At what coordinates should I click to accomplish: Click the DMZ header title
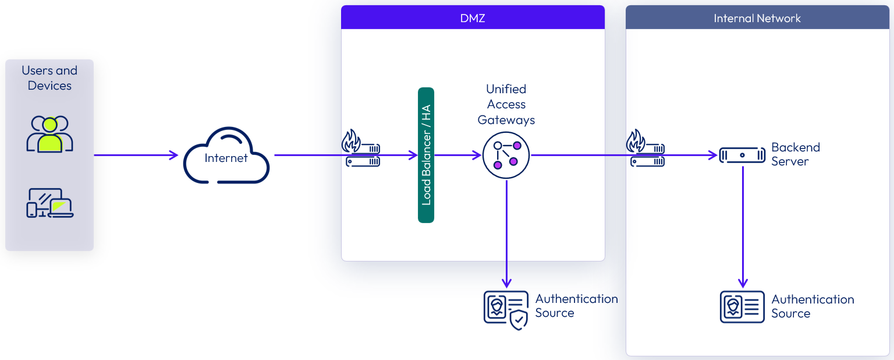click(x=472, y=18)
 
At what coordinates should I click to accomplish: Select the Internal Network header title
click(x=757, y=18)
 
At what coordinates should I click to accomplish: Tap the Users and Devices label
click(x=49, y=78)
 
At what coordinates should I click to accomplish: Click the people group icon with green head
click(x=49, y=134)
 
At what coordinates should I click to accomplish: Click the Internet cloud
click(x=226, y=156)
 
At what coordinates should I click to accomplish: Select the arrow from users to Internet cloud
click(x=136, y=155)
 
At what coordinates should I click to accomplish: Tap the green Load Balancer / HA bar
click(x=426, y=155)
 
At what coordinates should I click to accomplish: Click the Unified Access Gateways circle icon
click(x=506, y=156)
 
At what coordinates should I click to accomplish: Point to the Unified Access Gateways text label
click(x=506, y=105)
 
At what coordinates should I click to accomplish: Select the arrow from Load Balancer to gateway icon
click(x=458, y=155)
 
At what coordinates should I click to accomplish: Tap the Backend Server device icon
click(x=742, y=155)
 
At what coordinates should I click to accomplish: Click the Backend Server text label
click(x=795, y=154)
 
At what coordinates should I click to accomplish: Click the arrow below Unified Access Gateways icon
click(x=506, y=233)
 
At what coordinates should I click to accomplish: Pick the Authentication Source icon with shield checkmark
click(x=506, y=309)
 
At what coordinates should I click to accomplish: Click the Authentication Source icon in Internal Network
click(x=742, y=306)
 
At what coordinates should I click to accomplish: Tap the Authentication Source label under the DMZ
click(x=576, y=306)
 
